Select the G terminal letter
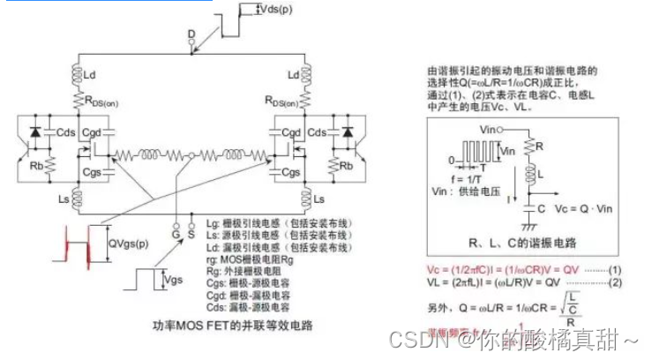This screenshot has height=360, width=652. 176,235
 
